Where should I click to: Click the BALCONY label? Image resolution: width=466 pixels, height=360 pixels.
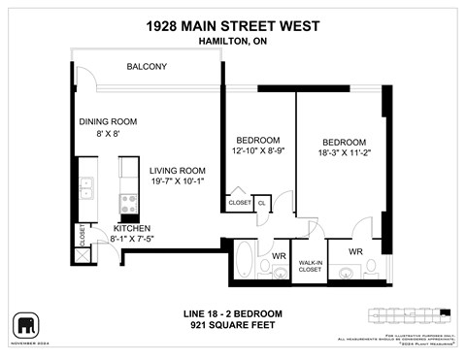click(x=148, y=67)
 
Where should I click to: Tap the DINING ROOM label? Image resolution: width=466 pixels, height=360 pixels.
click(x=108, y=121)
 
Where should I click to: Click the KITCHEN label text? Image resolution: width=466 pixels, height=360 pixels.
click(x=103, y=227)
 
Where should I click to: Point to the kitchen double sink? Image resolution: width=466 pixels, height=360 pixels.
click(x=85, y=186)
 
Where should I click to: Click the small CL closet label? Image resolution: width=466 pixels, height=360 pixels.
click(x=261, y=203)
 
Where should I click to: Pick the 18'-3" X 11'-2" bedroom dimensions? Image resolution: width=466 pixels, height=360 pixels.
click(x=345, y=153)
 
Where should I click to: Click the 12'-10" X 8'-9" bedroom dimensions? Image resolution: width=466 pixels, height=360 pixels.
click(x=259, y=151)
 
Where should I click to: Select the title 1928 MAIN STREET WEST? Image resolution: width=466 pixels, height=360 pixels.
click(x=232, y=24)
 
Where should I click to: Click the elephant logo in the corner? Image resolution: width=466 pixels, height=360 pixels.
click(x=26, y=324)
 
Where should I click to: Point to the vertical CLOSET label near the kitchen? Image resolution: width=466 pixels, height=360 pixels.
click(x=83, y=236)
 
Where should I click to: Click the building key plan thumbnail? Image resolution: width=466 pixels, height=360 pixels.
click(x=409, y=314)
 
